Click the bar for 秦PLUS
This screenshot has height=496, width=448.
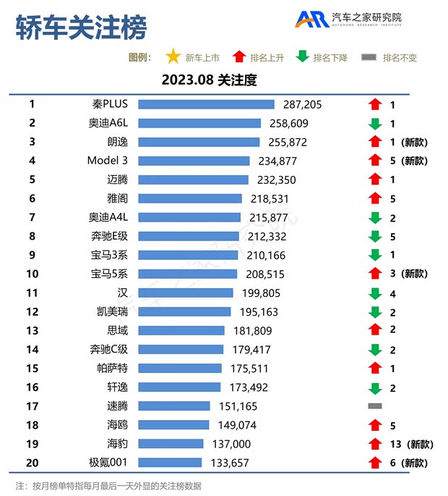coord(206,104)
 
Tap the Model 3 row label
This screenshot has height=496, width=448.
coord(108,161)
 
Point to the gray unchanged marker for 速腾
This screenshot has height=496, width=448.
coord(374,405)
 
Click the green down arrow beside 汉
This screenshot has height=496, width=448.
coord(374,293)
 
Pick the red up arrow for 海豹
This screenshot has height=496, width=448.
coord(374,444)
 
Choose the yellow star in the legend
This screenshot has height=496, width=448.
coord(173,57)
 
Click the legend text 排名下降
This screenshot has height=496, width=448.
coord(330,58)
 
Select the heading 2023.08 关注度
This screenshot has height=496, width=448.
coord(210,80)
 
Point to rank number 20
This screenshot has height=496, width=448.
coord(32,462)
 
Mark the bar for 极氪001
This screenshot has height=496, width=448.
coord(170,463)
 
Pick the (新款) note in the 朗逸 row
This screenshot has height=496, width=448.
coord(415,142)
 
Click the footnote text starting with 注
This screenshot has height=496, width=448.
coord(108,485)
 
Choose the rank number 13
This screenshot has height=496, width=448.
coord(32,330)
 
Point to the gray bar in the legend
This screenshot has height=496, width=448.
coord(369,58)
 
